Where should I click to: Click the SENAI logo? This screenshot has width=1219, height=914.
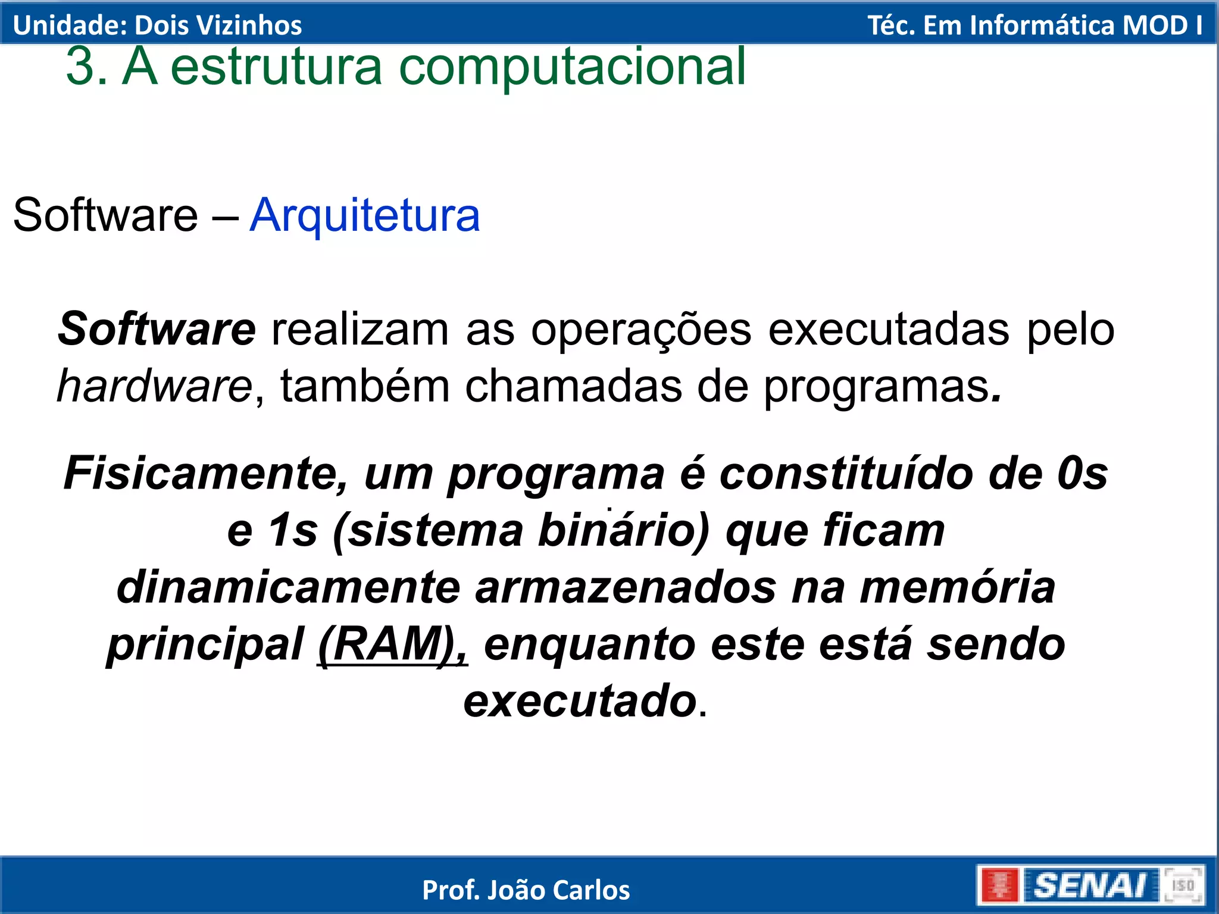pyautogui.click(x=1089, y=885)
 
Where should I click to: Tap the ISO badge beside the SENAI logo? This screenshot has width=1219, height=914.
pyautogui.click(x=1183, y=885)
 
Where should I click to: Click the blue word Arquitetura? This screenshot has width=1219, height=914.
pyautogui.click(x=364, y=215)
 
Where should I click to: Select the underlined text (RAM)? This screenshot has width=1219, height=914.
pyautogui.click(x=393, y=644)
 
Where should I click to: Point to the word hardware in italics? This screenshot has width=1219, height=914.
pyautogui.click(x=155, y=386)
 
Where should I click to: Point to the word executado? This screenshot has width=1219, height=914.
pyautogui.click(x=580, y=701)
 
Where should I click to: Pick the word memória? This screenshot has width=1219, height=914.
pyautogui.click(x=957, y=587)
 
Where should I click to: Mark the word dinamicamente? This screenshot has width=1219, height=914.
pyautogui.click(x=289, y=587)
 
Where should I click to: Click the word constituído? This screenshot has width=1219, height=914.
pyautogui.click(x=846, y=474)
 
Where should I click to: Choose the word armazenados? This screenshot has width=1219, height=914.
pyautogui.click(x=626, y=587)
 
